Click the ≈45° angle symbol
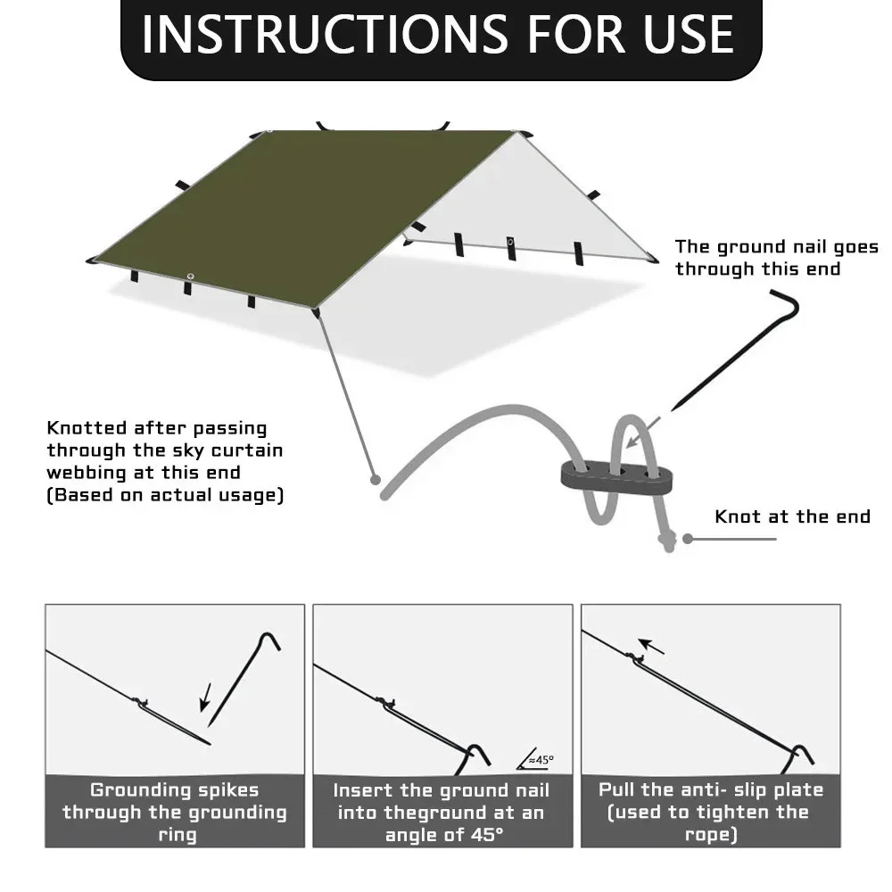tap(535, 759)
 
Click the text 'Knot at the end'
tap(792, 516)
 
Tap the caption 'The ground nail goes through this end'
tap(777, 258)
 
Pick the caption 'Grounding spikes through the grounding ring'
tap(175, 812)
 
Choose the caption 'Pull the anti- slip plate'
tap(711, 789)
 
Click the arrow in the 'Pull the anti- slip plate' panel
tap(651, 646)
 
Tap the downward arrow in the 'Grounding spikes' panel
tap(206, 698)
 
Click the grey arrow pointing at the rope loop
tap(643, 433)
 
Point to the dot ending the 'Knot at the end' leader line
tap(688, 539)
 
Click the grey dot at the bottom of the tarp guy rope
tap(375, 480)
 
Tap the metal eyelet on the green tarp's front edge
tap(191, 277)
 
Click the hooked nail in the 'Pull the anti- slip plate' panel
tap(798, 759)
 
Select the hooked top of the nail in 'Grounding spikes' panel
tap(268, 640)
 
